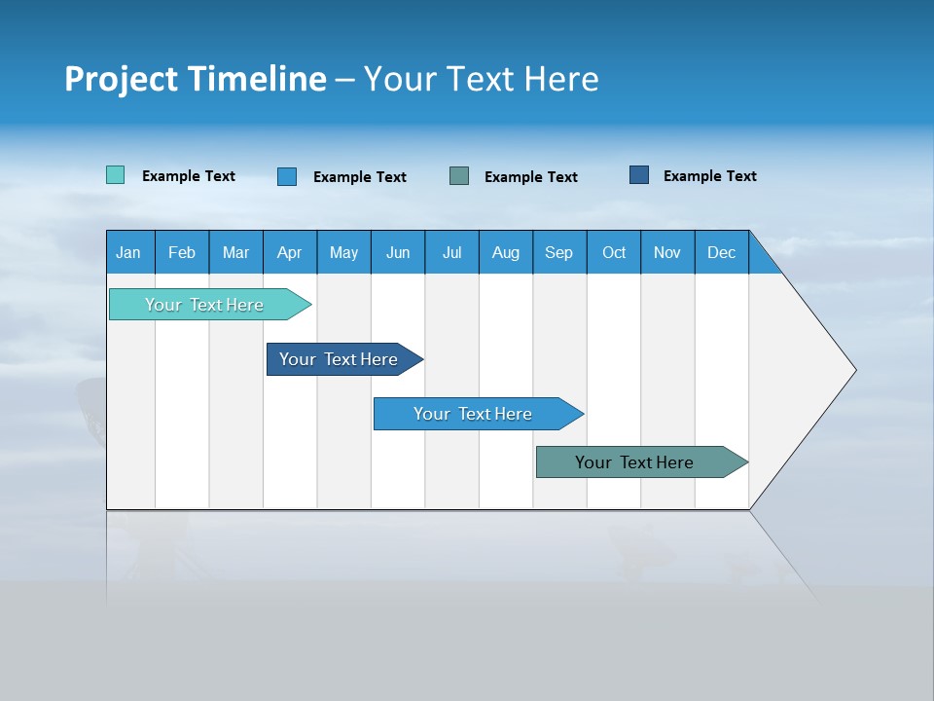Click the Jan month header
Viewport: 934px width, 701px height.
[129, 252]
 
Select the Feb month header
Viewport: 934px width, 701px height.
[182, 252]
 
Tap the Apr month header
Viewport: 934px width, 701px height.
[290, 252]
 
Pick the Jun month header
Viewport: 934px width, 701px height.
[398, 252]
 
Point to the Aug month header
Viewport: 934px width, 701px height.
[506, 252]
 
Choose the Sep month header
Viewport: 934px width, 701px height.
[559, 252]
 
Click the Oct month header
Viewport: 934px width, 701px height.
[614, 252]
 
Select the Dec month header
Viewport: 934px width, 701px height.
[722, 252]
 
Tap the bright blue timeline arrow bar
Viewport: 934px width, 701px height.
[474, 414]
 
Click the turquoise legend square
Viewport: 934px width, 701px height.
[115, 175]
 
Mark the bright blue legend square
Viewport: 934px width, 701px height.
[287, 176]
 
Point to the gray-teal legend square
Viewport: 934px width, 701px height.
[459, 176]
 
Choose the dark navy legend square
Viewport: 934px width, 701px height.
[639, 175]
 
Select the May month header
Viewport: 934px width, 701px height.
[343, 252]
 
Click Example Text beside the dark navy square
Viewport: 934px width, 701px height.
[709, 176]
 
